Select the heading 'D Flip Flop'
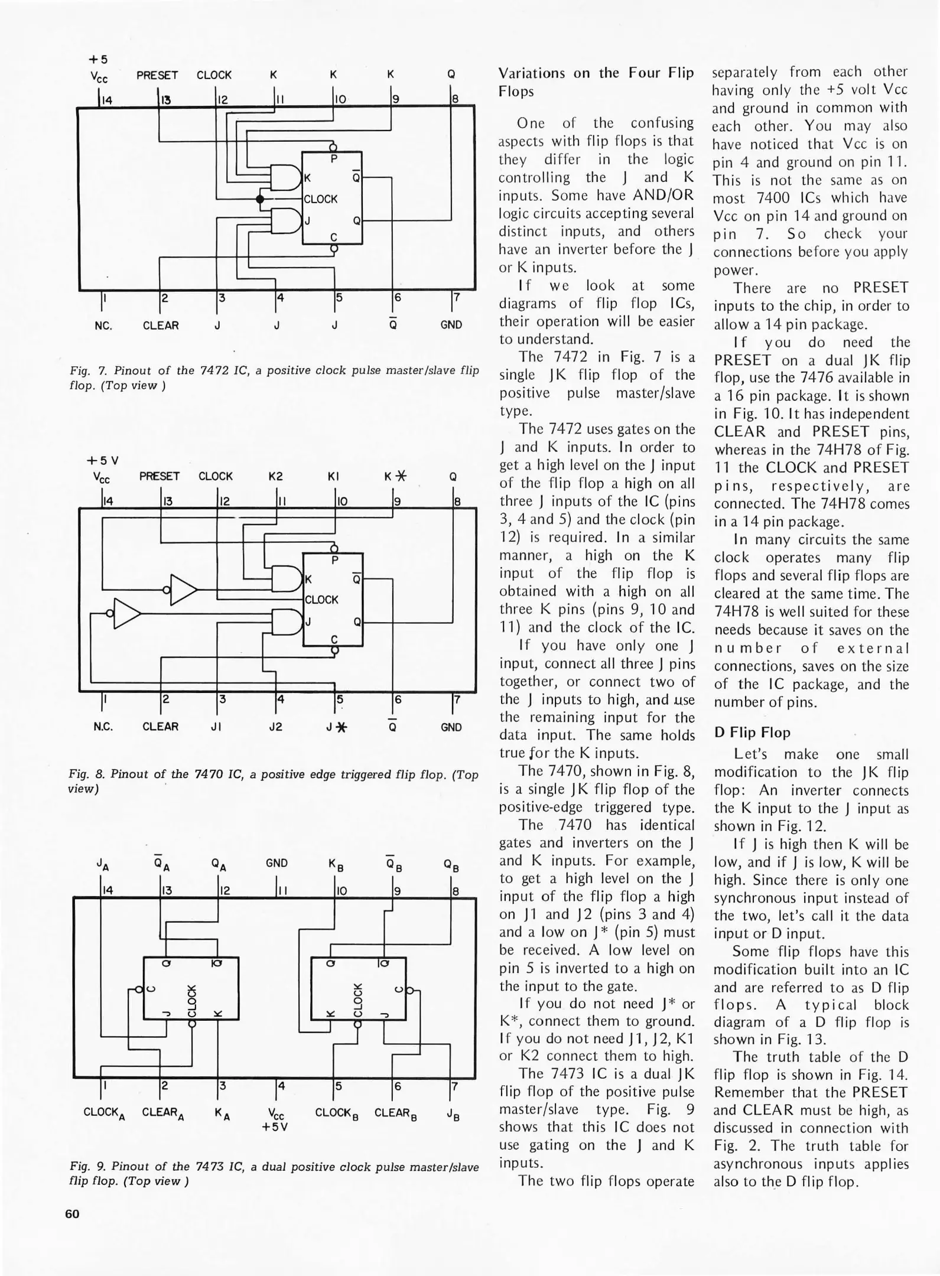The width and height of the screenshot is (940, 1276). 752,733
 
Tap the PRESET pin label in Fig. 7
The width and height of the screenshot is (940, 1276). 157,76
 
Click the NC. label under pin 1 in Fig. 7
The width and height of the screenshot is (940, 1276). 103,325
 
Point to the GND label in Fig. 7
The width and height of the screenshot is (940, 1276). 451,325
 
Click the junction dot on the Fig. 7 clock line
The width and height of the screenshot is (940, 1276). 259,199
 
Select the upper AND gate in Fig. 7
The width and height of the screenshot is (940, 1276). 285,177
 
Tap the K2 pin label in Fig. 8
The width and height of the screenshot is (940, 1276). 275,477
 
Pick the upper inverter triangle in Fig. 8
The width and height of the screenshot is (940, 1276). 184,590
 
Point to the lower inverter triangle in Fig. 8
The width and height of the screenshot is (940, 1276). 127,614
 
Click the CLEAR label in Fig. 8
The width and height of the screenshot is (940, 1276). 161,727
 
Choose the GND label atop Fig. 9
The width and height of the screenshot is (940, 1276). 277,863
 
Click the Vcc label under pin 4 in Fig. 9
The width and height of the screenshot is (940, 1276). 276,1114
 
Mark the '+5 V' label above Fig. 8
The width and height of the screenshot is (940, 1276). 103,460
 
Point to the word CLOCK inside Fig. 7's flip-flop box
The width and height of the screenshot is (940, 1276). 321,199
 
